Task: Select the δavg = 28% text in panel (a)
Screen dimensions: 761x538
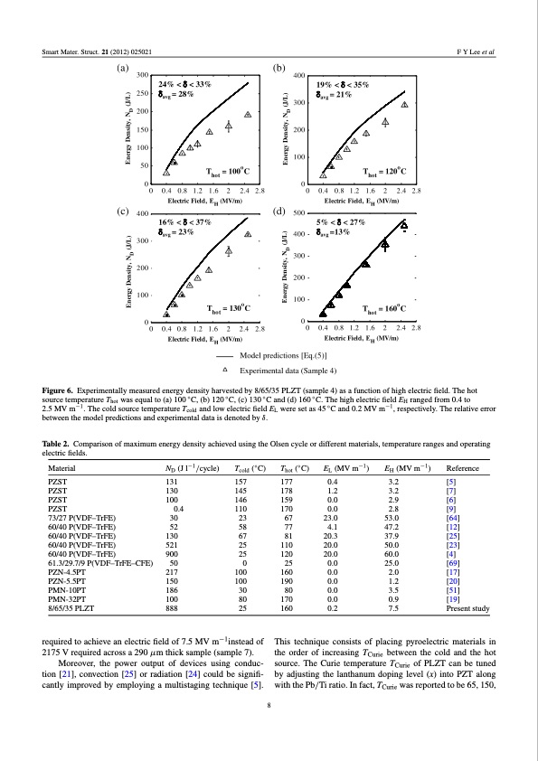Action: pyautogui.click(x=178, y=93)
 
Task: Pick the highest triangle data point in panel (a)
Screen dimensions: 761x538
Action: pyautogui.click(x=247, y=115)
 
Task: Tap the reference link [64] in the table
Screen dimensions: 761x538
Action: pyautogui.click(x=473, y=519)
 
